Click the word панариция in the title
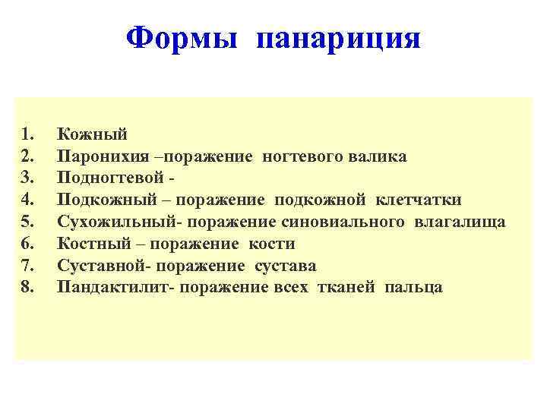338,38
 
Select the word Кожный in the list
92,134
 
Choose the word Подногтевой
111,178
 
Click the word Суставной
101,266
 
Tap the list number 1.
28,134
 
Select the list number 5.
28,222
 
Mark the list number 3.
28,178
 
